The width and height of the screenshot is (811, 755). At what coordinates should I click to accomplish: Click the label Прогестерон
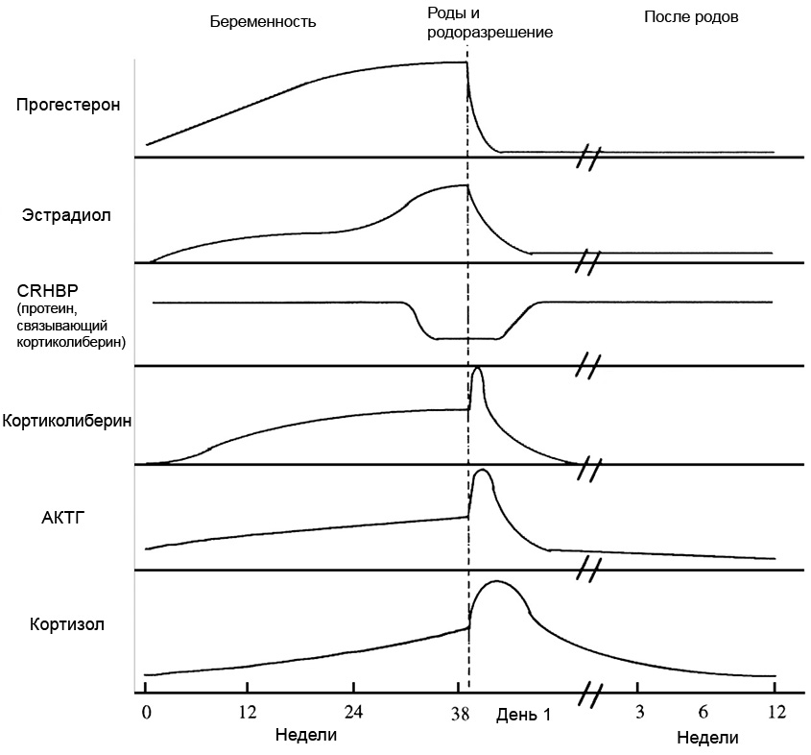[x=68, y=105]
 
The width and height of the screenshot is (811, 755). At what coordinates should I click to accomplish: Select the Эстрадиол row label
[x=67, y=215]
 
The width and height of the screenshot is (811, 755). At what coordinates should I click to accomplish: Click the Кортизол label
[x=67, y=625]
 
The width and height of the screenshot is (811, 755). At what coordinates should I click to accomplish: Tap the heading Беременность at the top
[x=263, y=20]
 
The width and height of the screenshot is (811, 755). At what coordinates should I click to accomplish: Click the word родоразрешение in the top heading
[x=490, y=32]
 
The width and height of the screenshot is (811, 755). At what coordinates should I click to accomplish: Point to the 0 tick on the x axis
[x=146, y=712]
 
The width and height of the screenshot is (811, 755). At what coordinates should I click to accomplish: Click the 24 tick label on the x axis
[x=354, y=712]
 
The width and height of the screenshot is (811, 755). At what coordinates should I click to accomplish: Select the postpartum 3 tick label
[x=638, y=712]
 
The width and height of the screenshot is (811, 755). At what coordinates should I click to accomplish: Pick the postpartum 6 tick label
[x=703, y=712]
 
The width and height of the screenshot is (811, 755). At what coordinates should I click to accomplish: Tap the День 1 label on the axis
[x=524, y=716]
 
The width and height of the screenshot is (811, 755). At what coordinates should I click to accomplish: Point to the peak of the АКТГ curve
[x=483, y=471]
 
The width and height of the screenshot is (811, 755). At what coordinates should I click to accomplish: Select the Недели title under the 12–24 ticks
[x=306, y=736]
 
